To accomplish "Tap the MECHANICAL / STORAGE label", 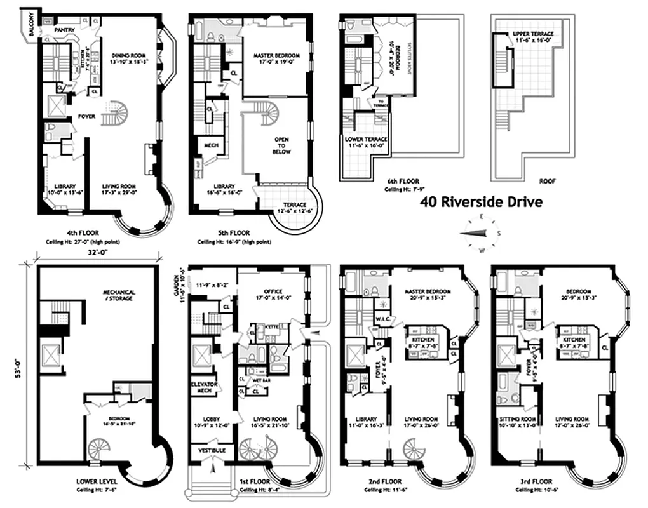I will click(x=120, y=296).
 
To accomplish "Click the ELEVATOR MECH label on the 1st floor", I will click(x=205, y=388).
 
